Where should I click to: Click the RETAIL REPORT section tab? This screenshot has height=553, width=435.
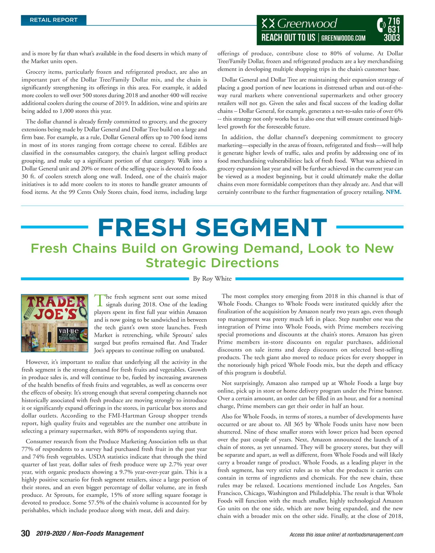pyautogui.click(x=54, y=20)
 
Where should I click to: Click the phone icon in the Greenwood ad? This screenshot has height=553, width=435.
pyautogui.click(x=381, y=25)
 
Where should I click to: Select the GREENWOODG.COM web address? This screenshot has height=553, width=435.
pyautogui.click(x=343, y=38)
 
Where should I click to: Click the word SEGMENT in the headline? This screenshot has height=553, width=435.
pyautogui.click(x=261, y=228)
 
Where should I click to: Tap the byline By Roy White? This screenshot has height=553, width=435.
pyautogui.click(x=212, y=278)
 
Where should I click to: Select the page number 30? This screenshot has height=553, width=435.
pyautogui.click(x=25, y=533)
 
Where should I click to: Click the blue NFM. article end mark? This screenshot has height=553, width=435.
pyautogui.click(x=394, y=192)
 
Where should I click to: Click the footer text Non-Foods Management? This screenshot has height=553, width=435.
pyautogui.click(x=108, y=533)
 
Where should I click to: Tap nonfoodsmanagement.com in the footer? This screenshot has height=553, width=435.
pyautogui.click(x=375, y=535)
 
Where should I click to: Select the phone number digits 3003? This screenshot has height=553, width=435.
pyautogui.click(x=391, y=38)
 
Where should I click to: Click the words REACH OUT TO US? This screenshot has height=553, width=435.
pyautogui.click(x=288, y=38)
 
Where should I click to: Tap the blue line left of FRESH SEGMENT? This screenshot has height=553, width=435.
pyautogui.click(x=54, y=227)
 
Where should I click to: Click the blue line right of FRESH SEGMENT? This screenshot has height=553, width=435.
pyautogui.click(x=370, y=227)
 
